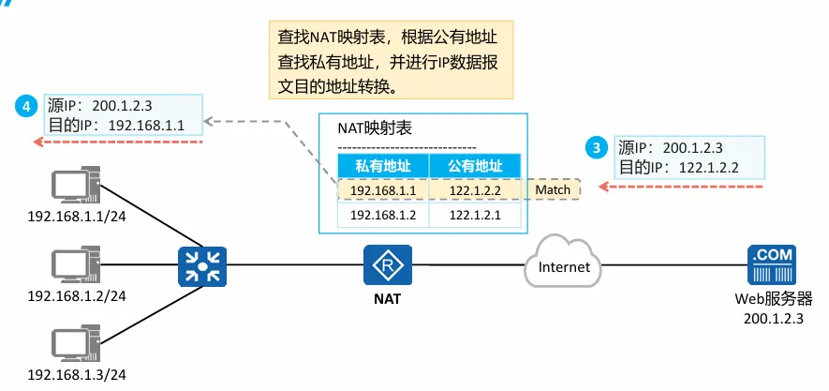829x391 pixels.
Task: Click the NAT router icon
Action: [382, 265]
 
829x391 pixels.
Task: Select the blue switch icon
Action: [198, 265]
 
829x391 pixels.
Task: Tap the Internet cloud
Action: [565, 266]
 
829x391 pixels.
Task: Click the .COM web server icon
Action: [772, 265]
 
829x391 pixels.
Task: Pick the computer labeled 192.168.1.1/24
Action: [76, 188]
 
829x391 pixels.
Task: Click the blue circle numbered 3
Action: [594, 147]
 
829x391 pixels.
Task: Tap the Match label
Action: [553, 190]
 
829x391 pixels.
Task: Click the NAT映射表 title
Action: [375, 128]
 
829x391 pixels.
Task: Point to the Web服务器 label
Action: [773, 300]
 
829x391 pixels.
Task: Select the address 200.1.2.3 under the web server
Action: [773, 319]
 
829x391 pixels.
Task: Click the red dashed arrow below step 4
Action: [117, 142]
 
